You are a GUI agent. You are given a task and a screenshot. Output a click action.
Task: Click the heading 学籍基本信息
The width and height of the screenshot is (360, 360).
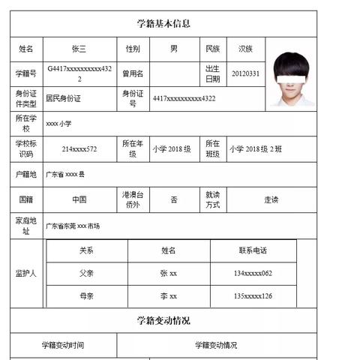point(163,23)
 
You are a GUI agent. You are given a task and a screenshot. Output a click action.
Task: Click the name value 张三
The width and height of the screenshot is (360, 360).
point(79,49)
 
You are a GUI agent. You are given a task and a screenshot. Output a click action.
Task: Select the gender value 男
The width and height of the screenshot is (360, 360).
point(174,49)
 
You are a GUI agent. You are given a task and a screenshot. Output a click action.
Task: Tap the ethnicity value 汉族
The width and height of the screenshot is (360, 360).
point(245,49)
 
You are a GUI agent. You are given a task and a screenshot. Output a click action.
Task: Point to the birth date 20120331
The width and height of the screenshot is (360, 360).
point(245,73)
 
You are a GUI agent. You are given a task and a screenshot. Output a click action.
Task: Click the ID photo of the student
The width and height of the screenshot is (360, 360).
point(293,79)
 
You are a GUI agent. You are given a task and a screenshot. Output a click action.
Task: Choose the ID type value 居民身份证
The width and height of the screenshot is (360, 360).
point(63,98)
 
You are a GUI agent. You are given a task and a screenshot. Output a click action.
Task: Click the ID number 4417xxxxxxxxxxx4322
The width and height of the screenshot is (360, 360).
point(184,98)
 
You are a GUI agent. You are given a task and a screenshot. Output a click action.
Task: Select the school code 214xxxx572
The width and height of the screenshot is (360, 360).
point(79,148)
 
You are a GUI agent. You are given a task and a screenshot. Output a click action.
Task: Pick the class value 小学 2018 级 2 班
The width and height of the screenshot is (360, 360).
point(256,148)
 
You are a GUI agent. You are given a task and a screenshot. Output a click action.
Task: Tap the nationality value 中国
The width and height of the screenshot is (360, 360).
point(79,199)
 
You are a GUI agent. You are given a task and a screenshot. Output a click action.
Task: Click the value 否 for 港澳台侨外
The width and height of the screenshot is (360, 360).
point(174,199)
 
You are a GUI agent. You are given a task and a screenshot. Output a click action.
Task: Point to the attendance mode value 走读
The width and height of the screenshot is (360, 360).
point(271,199)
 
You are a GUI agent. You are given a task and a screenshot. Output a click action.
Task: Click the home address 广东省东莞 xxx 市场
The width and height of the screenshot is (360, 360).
point(73,225)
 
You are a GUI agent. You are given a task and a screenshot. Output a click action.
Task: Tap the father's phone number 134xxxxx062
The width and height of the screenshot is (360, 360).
point(253,273)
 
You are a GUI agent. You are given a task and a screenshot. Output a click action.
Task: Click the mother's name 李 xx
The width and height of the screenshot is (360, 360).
point(168,295)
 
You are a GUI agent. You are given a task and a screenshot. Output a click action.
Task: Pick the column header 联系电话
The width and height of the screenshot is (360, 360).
point(253,250)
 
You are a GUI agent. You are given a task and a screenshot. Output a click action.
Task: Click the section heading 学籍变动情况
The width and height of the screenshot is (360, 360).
point(163,320)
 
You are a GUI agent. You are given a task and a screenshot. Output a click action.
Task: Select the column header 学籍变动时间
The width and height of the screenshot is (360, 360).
point(63,345)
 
